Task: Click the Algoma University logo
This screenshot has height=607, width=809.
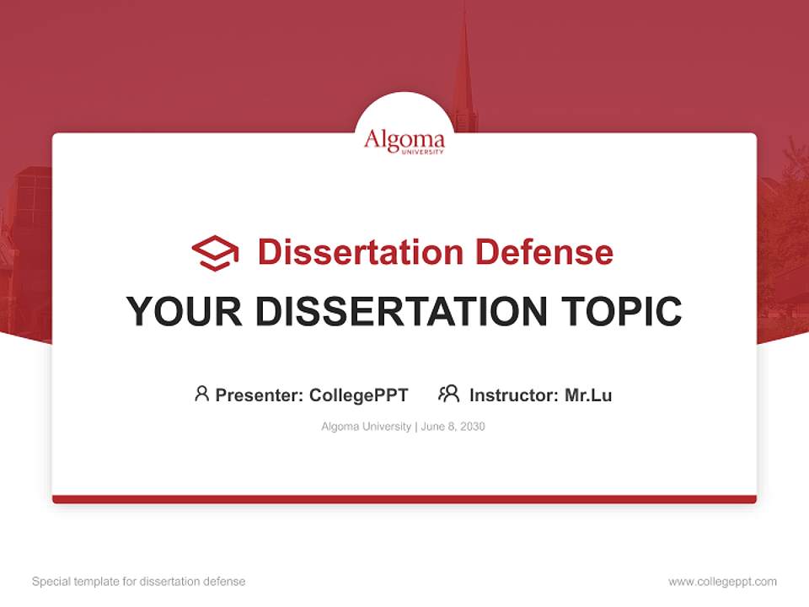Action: point(404,141)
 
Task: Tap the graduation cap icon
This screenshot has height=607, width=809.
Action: point(215,253)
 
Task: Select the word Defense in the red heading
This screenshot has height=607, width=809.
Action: point(544,252)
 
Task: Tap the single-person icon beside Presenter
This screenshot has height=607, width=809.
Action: point(201,394)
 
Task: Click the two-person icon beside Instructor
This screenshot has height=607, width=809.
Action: point(448,394)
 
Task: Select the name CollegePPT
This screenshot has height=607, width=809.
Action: point(358,395)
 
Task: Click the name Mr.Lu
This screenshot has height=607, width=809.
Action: point(588,395)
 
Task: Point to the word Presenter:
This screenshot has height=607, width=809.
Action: point(260,395)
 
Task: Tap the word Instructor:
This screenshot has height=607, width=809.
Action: point(514,395)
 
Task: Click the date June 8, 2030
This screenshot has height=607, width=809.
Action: point(453,427)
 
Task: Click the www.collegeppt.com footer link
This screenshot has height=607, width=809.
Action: point(722,582)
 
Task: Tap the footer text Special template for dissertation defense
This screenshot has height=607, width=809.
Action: point(139,582)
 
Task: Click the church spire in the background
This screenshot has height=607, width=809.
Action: point(463,67)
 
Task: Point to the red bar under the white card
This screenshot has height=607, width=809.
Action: point(404,499)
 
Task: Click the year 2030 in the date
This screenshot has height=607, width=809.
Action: point(472,427)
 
